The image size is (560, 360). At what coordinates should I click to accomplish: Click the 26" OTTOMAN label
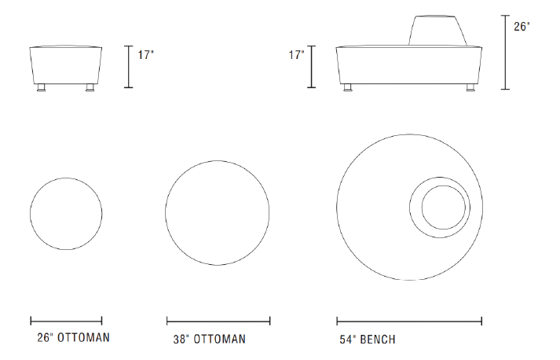[x=74, y=337]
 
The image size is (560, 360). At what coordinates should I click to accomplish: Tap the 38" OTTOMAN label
[x=210, y=339]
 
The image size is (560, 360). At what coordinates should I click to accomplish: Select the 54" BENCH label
[x=368, y=339]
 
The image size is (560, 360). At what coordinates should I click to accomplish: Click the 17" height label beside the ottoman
[x=146, y=55]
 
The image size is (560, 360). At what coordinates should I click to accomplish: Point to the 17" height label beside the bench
[x=296, y=55]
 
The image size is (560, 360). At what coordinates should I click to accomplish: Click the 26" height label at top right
[x=522, y=27]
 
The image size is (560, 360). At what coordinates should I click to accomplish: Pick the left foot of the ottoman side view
[x=42, y=88]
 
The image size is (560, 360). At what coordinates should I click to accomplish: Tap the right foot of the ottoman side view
[x=90, y=88]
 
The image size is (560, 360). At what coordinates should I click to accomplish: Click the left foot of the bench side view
[x=347, y=88]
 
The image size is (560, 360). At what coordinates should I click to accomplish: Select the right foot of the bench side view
[x=471, y=88]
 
